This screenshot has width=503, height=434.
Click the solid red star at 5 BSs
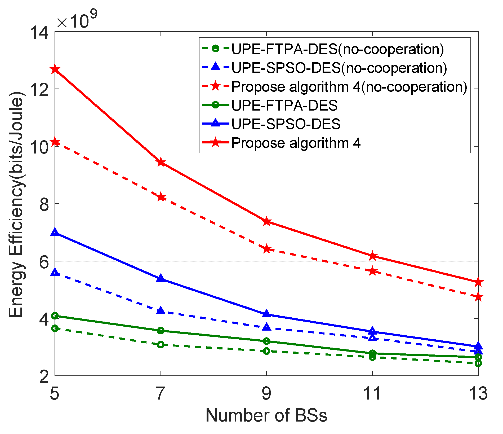[55, 69]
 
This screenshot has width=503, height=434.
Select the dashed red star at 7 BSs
[161, 197]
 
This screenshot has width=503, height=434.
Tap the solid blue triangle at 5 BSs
[55, 232]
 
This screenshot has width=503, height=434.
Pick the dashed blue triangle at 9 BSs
[267, 327]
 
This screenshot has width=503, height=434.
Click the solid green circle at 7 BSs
[161, 331]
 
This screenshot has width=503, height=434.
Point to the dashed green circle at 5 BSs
[55, 328]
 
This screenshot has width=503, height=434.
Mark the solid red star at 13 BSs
[478, 282]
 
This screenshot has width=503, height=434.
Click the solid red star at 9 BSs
[267, 221]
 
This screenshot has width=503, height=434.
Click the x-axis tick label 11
[372, 393]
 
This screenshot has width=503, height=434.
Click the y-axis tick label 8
[44, 204]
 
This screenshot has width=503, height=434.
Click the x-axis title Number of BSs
[266, 415]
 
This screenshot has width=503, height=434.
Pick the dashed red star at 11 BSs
[372, 271]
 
